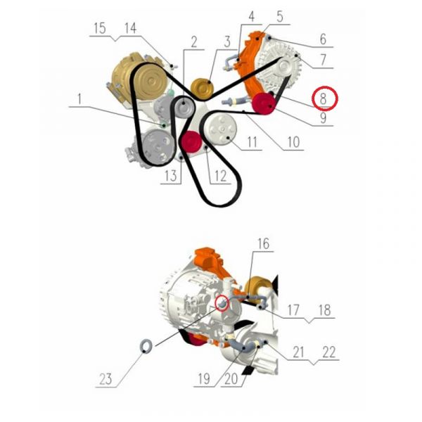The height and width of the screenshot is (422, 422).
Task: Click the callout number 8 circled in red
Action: (323, 98)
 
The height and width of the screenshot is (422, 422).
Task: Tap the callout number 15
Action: (100, 28)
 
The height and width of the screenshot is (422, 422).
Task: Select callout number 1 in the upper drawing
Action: (79, 99)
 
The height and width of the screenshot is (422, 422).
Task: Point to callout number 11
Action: (252, 142)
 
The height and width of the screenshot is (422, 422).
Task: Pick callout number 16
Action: (263, 243)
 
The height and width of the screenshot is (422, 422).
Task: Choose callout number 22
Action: (329, 352)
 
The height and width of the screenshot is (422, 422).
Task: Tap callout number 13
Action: (171, 176)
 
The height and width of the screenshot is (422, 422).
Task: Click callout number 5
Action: (280, 17)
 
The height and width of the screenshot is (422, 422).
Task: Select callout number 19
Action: (204, 379)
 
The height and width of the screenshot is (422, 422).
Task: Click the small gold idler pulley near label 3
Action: (202, 89)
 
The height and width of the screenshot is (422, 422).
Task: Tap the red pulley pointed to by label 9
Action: (264, 104)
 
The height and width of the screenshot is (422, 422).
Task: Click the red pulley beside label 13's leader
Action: (191, 142)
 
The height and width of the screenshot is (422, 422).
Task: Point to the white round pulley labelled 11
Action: (221, 129)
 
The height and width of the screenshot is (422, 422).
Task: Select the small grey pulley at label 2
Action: (184, 106)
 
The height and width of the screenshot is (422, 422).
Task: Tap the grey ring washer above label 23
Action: (146, 346)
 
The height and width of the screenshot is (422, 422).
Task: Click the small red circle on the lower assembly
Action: (222, 302)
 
